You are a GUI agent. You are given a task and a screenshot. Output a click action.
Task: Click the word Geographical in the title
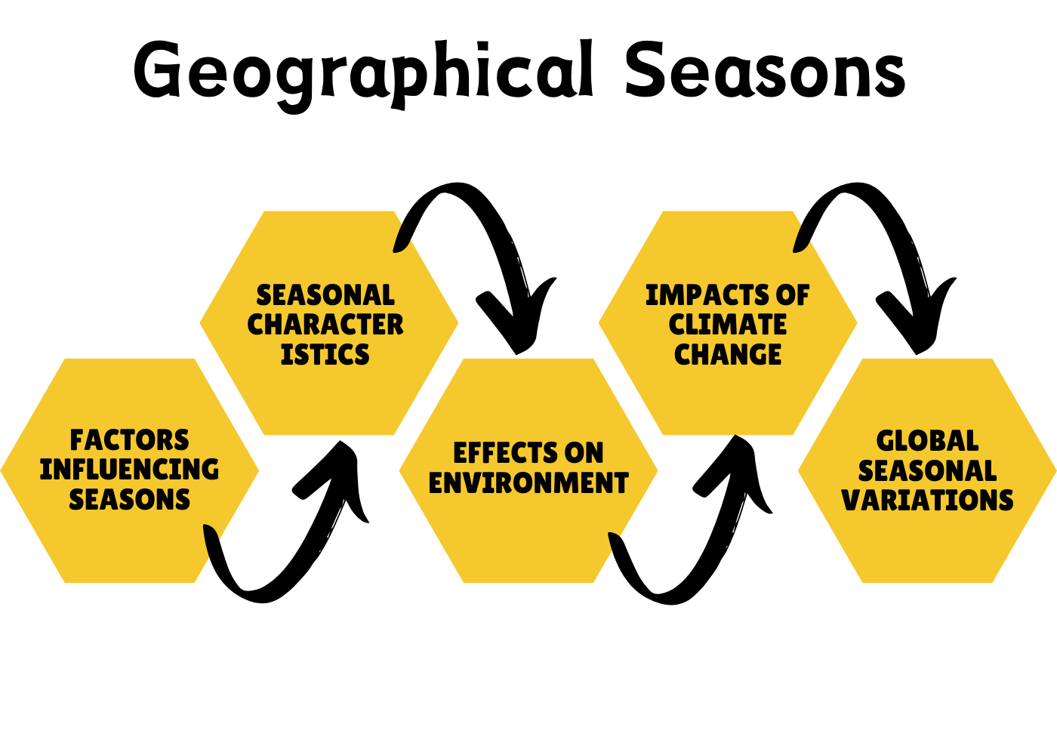pos(363,75)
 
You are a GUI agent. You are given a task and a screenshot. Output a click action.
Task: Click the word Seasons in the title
pos(766,69)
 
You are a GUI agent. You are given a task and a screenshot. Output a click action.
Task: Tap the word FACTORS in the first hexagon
pos(129,440)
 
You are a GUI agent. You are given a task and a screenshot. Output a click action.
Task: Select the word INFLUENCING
pos(129,470)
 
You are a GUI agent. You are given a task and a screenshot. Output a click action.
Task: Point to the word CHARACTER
pos(325,325)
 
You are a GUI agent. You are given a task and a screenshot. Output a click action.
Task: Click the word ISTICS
pos(325,354)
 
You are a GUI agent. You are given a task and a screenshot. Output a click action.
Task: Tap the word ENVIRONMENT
pos(528,482)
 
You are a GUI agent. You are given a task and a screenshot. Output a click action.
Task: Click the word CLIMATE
pos(728,325)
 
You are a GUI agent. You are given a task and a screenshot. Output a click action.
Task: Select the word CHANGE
pos(728,354)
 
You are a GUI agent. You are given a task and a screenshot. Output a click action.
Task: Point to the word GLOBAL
pos(927,441)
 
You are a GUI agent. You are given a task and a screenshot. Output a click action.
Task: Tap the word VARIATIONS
pos(927,500)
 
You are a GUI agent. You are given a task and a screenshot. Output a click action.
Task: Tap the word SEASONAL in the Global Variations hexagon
pos(927,470)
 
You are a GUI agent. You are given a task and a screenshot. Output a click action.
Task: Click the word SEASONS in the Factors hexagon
pos(129,499)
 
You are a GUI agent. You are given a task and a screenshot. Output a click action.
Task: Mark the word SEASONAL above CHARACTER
pos(325,295)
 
